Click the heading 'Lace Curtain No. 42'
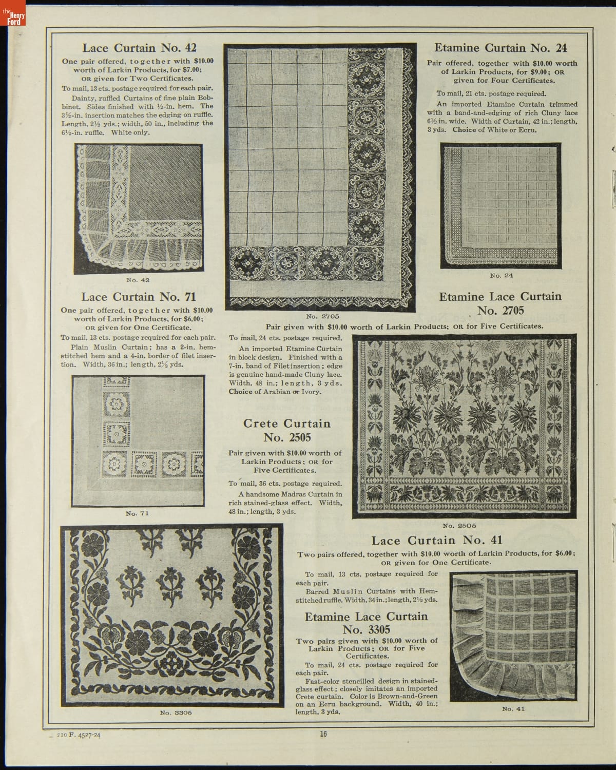click(139, 48)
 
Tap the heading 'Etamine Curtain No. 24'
click(500, 48)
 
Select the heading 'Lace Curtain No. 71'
click(139, 297)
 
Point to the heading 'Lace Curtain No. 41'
click(437, 540)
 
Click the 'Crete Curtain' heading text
click(286, 423)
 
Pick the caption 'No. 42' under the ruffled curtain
click(138, 280)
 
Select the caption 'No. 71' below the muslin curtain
click(137, 513)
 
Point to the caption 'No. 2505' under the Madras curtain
click(459, 525)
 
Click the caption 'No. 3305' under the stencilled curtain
click(176, 713)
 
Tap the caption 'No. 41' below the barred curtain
click(513, 709)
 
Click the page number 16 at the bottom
click(323, 734)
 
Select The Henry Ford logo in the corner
click(11, 18)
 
